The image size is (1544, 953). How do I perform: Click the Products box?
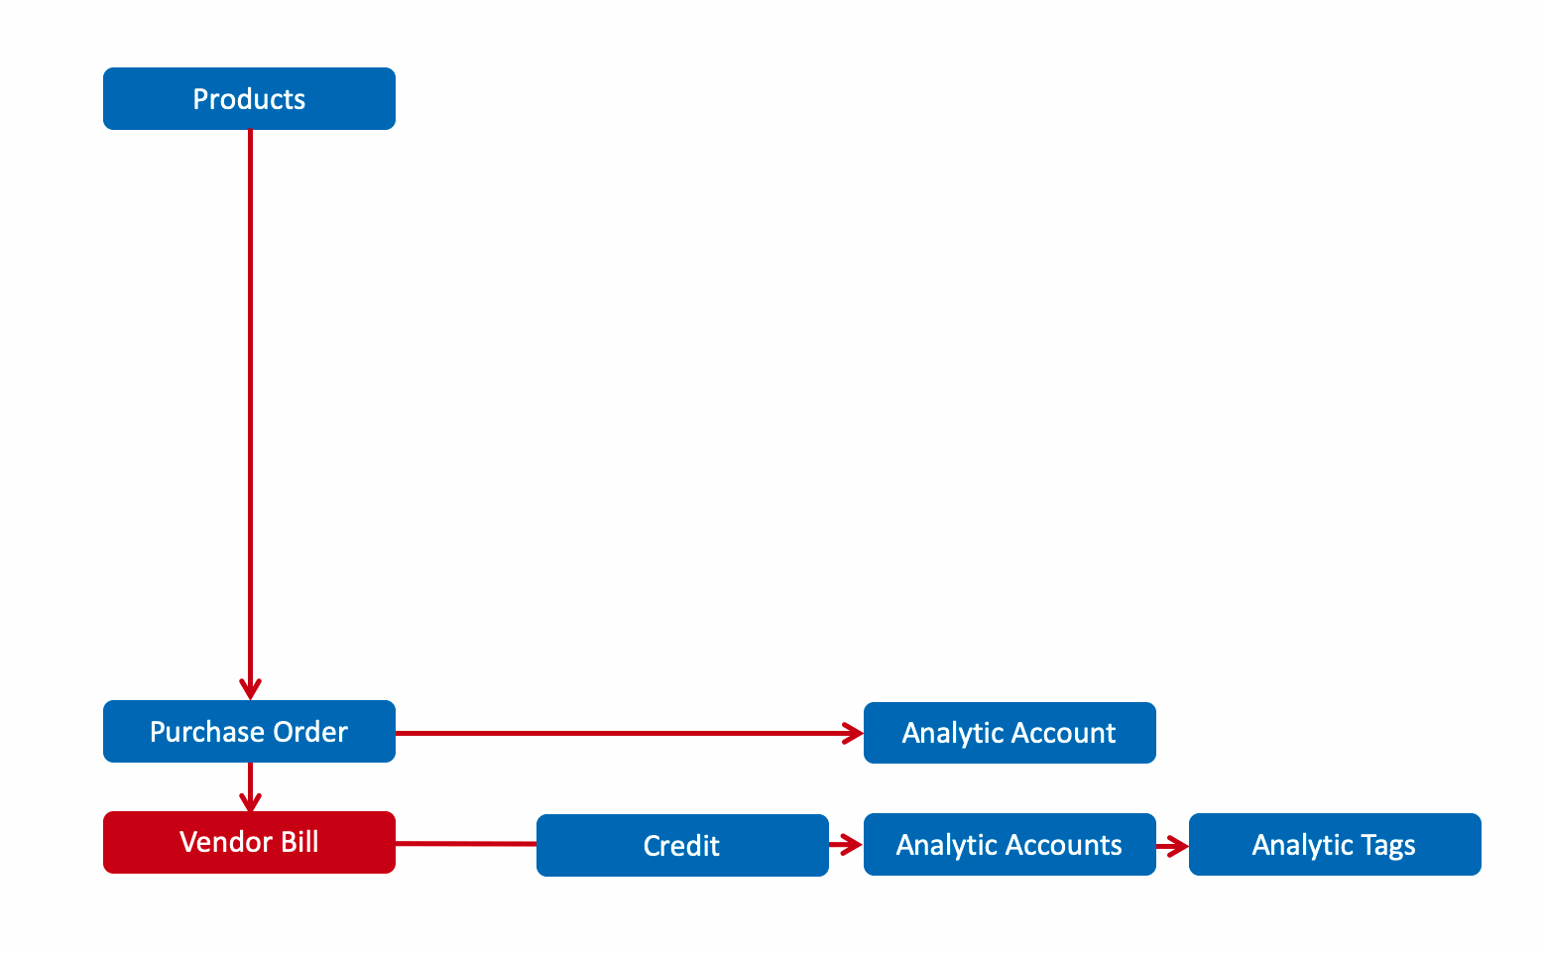[249, 98]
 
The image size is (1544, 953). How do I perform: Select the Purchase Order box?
[249, 731]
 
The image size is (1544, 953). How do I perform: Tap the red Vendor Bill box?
[249, 842]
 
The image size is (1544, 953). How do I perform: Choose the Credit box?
[682, 846]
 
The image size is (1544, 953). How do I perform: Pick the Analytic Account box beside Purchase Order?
[1010, 733]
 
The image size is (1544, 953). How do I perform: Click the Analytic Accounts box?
[1010, 844]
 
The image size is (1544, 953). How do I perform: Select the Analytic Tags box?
[1335, 844]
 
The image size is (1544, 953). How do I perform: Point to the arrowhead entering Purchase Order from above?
[250, 689]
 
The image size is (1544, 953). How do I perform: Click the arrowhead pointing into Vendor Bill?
[250, 802]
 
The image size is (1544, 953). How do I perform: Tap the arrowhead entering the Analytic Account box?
[854, 733]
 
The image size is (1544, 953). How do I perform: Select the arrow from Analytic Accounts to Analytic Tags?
[1172, 846]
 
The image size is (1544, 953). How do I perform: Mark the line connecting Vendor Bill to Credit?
[466, 844]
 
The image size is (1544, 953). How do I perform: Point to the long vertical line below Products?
[250, 415]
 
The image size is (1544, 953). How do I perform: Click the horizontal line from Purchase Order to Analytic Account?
[630, 733]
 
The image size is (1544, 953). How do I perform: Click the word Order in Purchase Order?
[310, 732]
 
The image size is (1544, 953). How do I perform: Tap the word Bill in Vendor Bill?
[299, 842]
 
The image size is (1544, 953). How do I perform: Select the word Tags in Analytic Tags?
[1387, 846]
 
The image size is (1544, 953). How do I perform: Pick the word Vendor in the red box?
[225, 842]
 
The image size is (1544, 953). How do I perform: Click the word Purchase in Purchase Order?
[207, 732]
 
